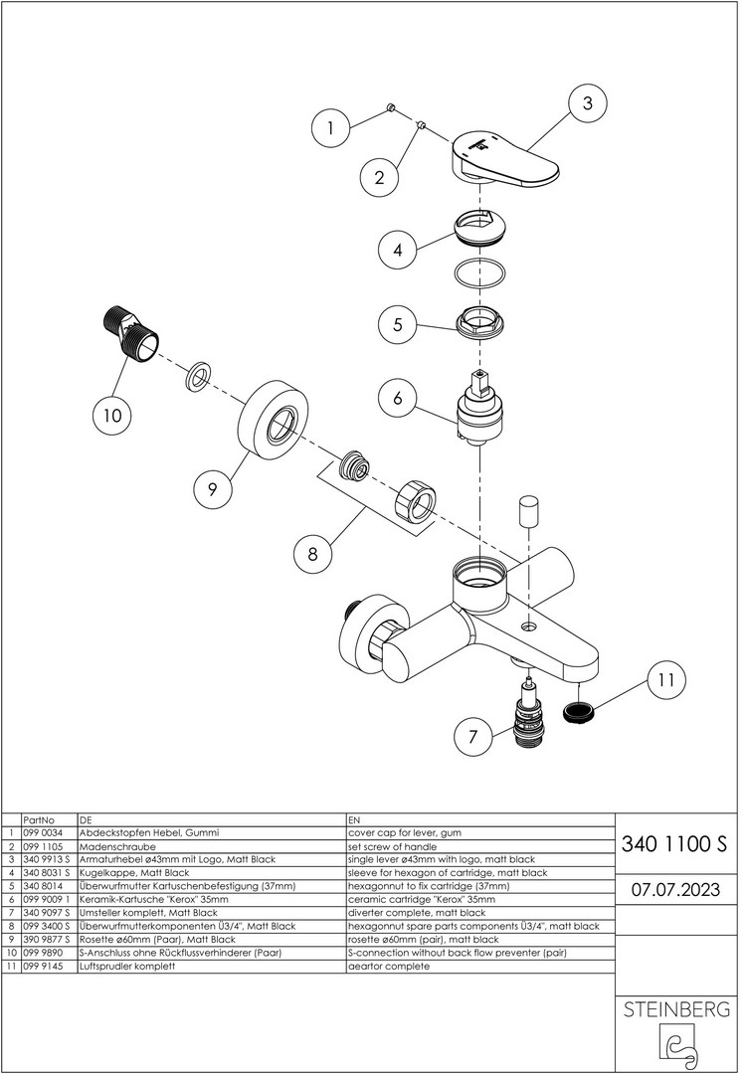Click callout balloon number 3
(587, 102)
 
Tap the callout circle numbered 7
(472, 739)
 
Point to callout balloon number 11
(667, 680)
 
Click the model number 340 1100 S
(673, 846)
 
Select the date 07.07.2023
(673, 888)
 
